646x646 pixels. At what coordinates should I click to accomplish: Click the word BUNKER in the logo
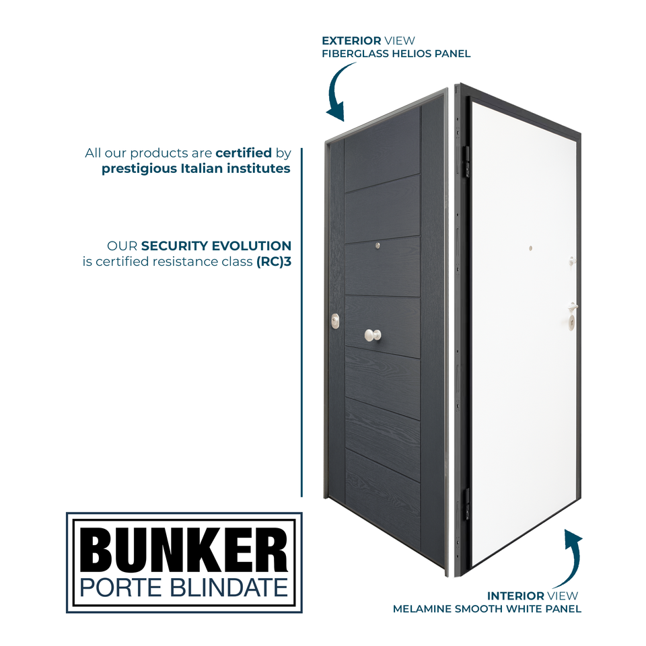coord(184,549)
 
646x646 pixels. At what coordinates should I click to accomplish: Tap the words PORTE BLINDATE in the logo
coord(184,587)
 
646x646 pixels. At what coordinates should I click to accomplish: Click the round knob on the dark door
coord(372,334)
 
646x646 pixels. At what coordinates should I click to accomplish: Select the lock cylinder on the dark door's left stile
coord(335,322)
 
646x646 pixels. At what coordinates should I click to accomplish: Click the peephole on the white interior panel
coord(530,248)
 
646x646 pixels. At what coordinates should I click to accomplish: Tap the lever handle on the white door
coord(573,307)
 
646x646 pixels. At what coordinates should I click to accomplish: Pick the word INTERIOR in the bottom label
coord(515,596)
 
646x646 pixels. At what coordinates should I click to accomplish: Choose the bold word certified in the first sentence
coord(244,153)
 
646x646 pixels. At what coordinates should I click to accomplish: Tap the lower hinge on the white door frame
coord(464,505)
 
